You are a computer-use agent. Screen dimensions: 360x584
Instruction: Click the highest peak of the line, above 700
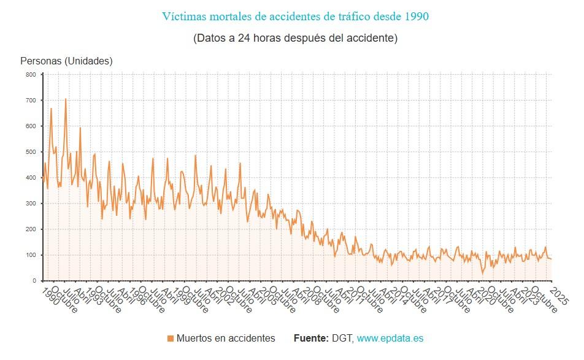click(x=66, y=99)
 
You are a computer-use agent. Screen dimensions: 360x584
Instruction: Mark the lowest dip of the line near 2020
click(x=482, y=273)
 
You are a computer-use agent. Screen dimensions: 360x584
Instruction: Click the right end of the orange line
click(x=551, y=259)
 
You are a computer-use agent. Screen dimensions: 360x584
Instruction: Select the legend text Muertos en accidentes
click(x=225, y=339)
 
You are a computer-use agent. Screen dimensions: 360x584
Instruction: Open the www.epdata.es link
click(x=390, y=339)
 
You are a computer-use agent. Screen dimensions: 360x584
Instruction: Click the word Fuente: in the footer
click(x=311, y=339)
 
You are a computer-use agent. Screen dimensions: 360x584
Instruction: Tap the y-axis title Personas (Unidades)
click(x=66, y=61)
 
